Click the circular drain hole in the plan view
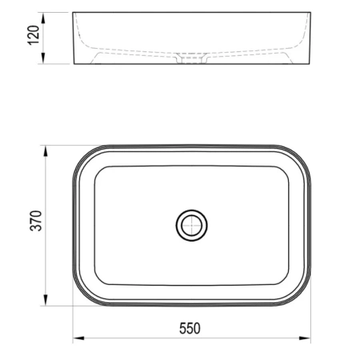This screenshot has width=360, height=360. click(192, 226)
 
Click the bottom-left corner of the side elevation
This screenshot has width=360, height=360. click(74, 64)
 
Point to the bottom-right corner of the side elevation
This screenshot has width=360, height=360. click(310, 64)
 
